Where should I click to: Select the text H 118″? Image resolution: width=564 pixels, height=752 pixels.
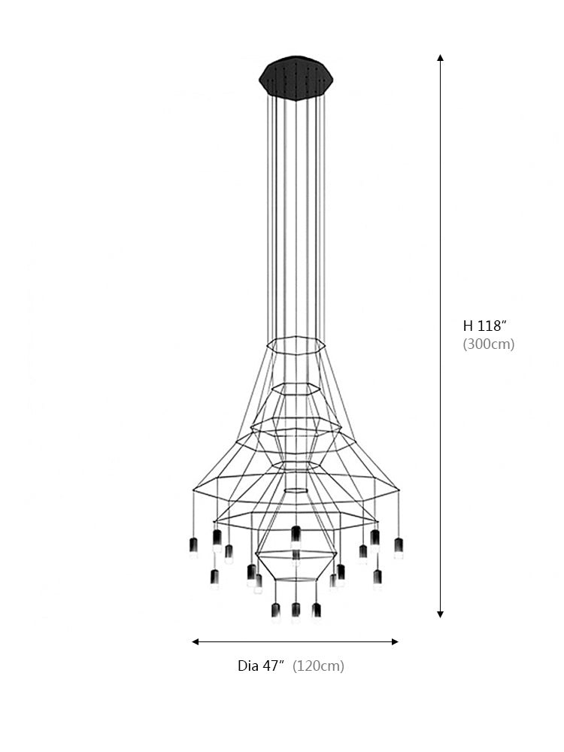(485, 326)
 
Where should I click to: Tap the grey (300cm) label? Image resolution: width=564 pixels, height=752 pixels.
(488, 344)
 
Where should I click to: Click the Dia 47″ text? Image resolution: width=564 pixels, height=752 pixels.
(261, 666)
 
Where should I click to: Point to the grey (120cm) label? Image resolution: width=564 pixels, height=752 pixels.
(318, 666)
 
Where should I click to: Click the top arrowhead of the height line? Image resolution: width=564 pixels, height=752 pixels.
(440, 58)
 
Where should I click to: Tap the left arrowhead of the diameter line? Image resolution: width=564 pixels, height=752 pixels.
(196, 641)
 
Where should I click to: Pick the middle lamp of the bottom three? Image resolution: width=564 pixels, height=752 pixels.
(296, 611)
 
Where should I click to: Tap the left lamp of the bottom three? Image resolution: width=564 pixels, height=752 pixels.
(275, 611)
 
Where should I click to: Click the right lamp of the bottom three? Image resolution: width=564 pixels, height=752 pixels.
(317, 611)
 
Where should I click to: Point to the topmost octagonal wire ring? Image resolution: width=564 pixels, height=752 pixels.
(296, 345)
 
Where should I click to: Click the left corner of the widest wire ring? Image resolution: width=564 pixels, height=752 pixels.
(193, 489)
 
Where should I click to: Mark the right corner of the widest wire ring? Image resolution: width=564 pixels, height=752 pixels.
(399, 490)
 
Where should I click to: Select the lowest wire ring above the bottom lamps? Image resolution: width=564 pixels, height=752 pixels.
(296, 579)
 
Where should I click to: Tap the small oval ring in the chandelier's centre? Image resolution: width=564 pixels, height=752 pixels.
(296, 490)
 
